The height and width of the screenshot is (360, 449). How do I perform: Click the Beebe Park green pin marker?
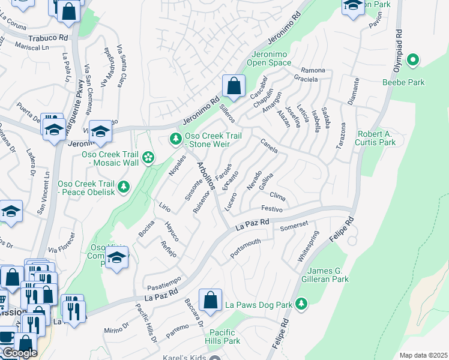coord(412,60)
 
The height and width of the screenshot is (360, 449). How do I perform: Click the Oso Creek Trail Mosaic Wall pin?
coord(148,158)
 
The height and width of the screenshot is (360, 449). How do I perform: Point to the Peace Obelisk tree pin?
coord(124,187)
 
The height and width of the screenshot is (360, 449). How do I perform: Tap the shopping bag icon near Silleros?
coord(234,86)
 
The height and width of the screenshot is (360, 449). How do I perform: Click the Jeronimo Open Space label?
coord(270,58)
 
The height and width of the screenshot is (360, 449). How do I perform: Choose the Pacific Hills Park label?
coord(224,336)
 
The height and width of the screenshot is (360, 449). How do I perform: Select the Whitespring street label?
coord(308,250)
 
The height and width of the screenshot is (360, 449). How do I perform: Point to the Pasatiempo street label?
coord(162,281)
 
